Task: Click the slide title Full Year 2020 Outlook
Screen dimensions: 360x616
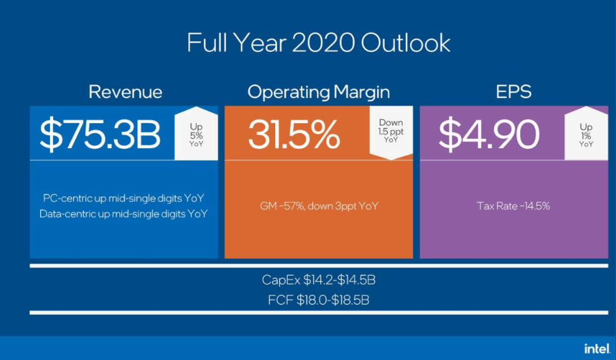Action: pos(318,43)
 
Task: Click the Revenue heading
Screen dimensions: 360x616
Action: pos(125,92)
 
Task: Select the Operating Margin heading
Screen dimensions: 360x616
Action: pos(318,92)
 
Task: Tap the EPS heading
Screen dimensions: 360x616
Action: pos(513,92)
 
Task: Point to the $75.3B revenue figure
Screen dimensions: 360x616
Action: pos(100,133)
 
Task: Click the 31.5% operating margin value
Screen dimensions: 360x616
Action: pos(294,133)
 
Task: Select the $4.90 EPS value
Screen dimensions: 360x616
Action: pos(488,133)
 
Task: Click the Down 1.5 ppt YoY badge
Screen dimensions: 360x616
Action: pos(391,131)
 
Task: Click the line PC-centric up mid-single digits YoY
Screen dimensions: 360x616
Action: pos(124,198)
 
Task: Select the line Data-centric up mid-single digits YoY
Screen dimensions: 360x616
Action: pos(124,214)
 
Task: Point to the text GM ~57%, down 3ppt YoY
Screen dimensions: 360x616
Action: pos(318,206)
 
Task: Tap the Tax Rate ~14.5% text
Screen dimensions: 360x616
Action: pos(513,206)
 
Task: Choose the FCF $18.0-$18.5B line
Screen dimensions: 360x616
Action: pos(318,301)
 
